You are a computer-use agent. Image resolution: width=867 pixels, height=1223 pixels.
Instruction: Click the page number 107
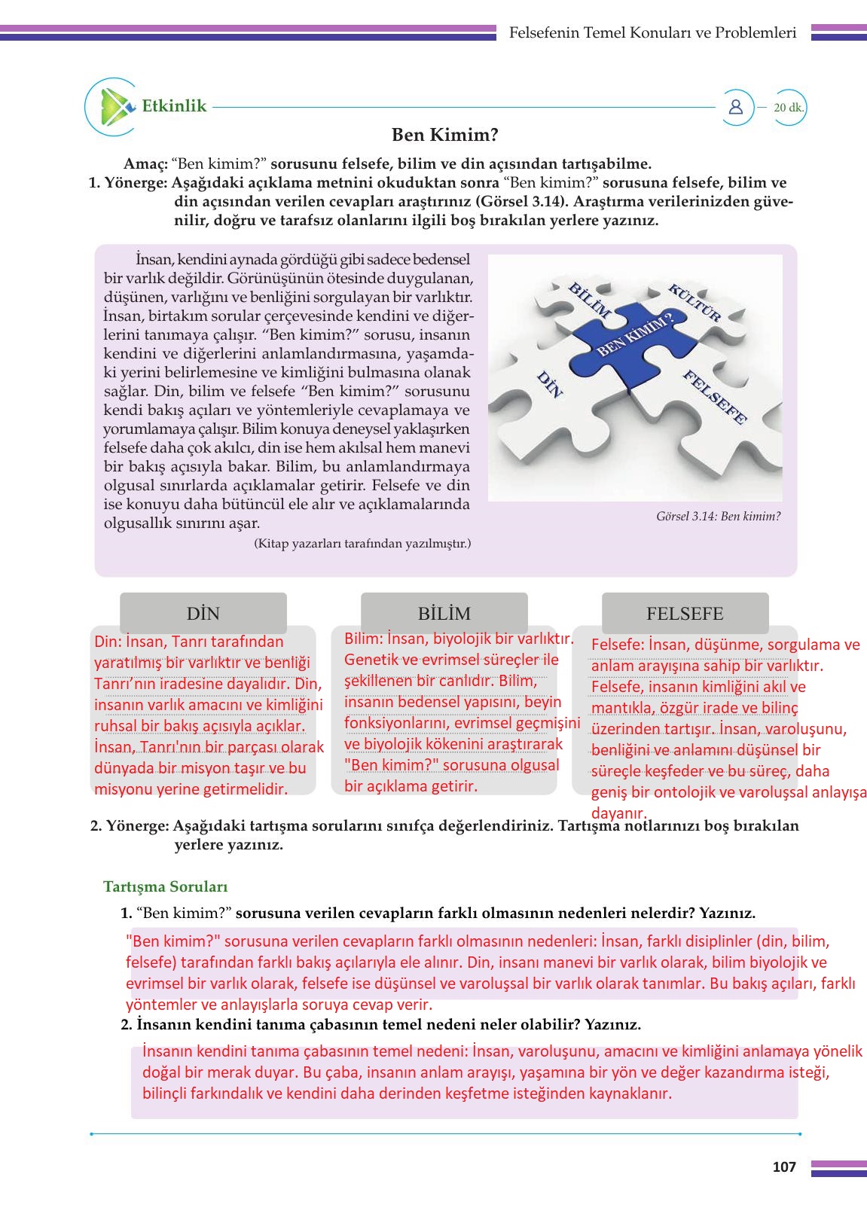(784, 1167)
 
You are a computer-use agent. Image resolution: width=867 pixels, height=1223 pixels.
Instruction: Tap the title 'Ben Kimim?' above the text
(444, 135)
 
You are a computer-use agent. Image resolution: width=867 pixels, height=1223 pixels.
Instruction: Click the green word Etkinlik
(174, 106)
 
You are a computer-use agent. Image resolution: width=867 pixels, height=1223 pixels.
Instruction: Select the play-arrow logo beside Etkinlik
(114, 106)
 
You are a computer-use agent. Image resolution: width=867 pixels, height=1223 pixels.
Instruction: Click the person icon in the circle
(736, 107)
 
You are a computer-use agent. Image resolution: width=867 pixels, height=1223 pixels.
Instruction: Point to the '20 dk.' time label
(789, 108)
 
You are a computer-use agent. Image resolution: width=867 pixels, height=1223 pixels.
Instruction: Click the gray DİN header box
(203, 613)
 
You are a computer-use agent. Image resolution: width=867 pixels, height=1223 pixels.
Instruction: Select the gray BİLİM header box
(444, 613)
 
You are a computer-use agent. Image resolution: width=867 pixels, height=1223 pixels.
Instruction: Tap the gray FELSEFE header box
(685, 613)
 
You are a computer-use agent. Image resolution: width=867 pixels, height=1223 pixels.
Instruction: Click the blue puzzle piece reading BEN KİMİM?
(634, 336)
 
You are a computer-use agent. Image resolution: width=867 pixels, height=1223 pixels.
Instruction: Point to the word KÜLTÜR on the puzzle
(695, 301)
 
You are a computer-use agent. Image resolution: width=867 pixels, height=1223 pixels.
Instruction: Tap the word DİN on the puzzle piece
(549, 384)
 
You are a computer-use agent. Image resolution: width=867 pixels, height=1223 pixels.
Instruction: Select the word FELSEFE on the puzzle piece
(714, 398)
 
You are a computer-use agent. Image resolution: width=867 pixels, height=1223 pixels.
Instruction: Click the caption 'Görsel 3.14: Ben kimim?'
(718, 517)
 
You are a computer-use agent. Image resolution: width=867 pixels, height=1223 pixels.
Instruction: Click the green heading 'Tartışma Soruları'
(165, 886)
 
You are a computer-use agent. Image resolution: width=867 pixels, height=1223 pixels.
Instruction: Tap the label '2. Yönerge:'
(130, 825)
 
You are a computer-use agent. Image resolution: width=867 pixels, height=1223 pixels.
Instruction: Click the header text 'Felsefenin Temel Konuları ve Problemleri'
(652, 32)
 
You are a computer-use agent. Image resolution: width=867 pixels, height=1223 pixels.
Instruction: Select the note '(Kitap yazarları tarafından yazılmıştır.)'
(362, 543)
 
